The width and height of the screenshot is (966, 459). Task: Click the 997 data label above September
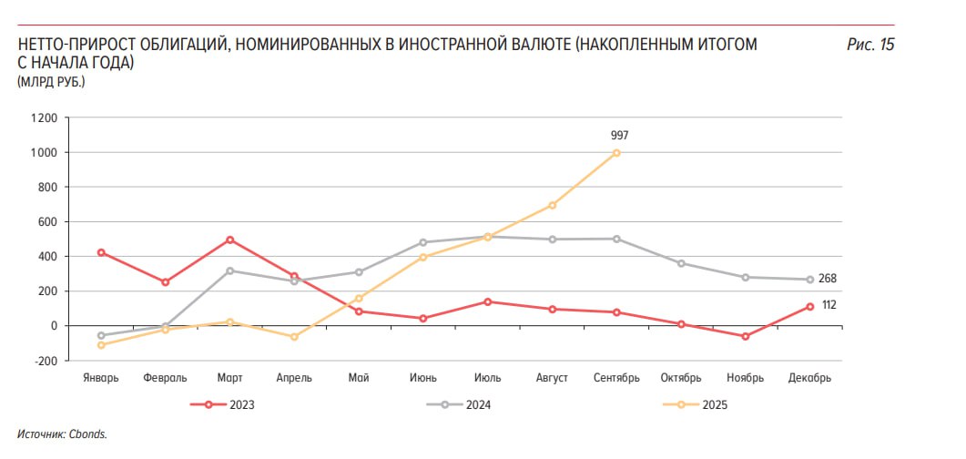(619, 136)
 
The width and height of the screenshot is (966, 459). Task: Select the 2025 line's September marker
(617, 153)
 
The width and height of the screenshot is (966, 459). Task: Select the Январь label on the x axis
(100, 378)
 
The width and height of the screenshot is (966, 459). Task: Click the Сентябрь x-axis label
(616, 378)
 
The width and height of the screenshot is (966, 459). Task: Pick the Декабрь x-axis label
(810, 378)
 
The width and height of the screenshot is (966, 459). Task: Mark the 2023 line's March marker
(229, 240)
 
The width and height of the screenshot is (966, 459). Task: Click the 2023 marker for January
(100, 252)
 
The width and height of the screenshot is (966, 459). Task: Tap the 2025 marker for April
(294, 337)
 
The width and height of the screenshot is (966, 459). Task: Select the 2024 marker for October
(681, 263)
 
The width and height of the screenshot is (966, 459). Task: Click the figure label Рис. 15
(870, 45)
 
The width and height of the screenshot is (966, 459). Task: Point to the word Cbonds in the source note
(88, 433)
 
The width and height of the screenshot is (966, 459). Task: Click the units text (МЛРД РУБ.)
(51, 83)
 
